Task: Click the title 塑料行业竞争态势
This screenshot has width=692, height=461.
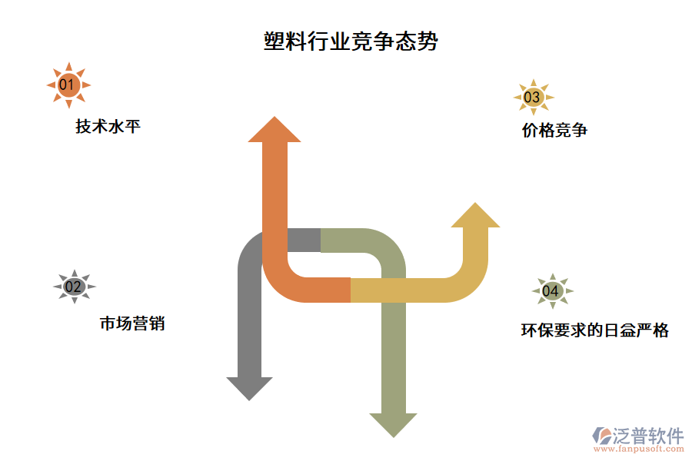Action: point(351,41)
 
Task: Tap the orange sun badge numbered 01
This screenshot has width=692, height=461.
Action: point(68,85)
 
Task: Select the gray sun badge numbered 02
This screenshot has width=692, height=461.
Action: point(74,287)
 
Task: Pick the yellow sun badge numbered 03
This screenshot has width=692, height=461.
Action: point(532,98)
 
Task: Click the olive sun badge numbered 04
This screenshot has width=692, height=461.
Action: point(551,291)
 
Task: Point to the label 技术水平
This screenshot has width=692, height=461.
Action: point(108,127)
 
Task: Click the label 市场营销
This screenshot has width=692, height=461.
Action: point(131,323)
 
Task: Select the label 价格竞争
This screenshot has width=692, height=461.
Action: point(554,131)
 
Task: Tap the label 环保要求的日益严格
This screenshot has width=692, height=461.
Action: point(594,330)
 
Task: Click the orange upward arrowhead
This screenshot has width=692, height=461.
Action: point(274,131)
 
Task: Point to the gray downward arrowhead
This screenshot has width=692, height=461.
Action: point(250,387)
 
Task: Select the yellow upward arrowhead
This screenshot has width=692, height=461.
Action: point(475,217)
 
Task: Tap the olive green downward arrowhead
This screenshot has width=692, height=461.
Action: point(394,423)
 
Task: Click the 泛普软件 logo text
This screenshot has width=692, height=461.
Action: point(647,436)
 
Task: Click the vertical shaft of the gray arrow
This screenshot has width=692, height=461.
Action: point(250,323)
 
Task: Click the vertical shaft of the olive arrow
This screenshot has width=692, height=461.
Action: point(394,346)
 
